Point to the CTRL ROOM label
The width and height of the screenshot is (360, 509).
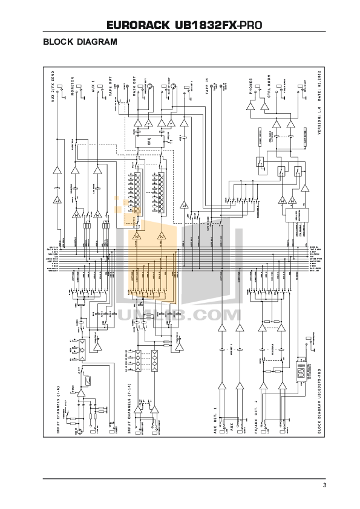(x=267, y=91)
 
